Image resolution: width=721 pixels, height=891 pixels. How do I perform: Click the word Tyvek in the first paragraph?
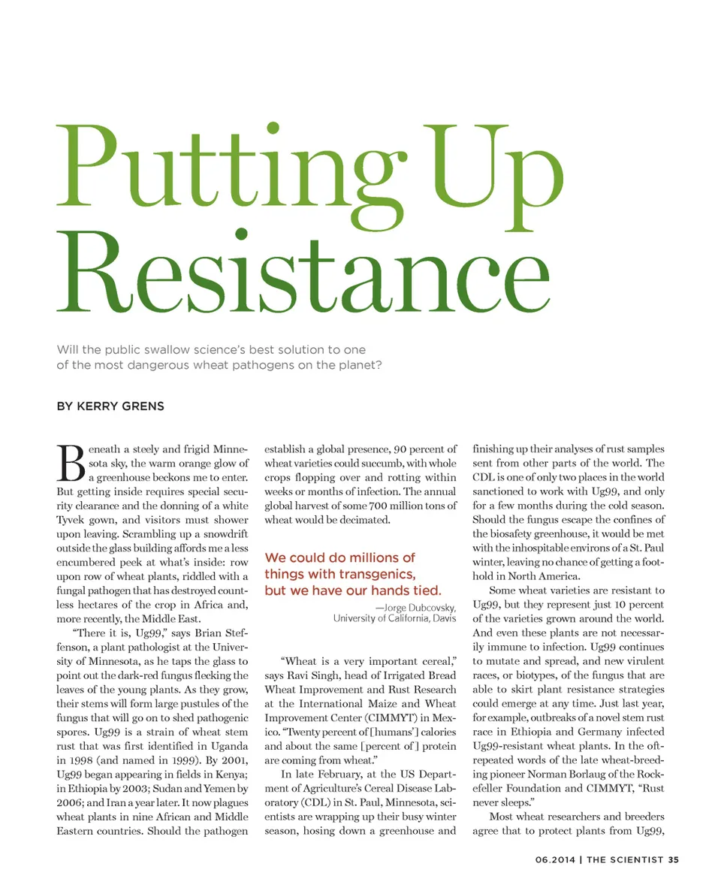point(72,521)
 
